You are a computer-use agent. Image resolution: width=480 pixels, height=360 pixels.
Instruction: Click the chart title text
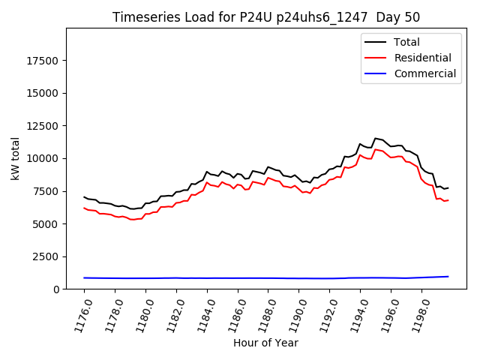tap(266, 17)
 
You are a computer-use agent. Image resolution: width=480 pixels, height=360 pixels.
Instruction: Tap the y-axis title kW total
tap(15, 158)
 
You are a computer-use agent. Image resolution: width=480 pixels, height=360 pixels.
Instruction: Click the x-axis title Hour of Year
tap(265, 343)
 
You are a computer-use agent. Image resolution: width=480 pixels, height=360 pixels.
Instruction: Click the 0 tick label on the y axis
tap(56, 289)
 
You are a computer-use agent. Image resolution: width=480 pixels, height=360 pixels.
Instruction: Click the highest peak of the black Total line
tap(375, 138)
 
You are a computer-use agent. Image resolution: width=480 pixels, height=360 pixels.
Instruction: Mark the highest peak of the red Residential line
tap(375, 149)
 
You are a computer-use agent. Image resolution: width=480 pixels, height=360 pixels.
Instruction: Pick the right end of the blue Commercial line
tap(448, 277)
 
